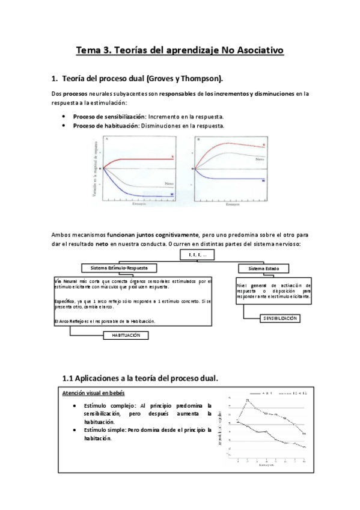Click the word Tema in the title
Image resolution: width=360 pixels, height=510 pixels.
[88, 52]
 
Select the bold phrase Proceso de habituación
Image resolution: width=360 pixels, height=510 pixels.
[100, 126]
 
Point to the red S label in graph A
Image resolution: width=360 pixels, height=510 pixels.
[172, 157]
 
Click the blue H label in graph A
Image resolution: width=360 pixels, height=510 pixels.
[172, 195]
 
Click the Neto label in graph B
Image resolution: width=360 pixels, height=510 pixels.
[260, 159]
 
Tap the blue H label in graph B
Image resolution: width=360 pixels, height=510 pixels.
[263, 180]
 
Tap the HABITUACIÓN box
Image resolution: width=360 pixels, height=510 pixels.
[126, 336]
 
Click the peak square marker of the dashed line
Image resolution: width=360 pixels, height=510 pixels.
[247, 400]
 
